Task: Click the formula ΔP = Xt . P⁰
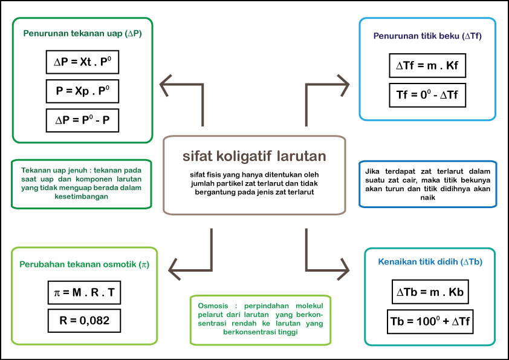click(x=82, y=62)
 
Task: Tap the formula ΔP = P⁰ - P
click(x=82, y=120)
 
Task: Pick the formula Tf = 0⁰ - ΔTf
click(x=427, y=94)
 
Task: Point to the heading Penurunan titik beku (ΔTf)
click(x=427, y=36)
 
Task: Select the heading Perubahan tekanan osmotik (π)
click(x=84, y=264)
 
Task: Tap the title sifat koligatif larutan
click(x=254, y=156)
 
